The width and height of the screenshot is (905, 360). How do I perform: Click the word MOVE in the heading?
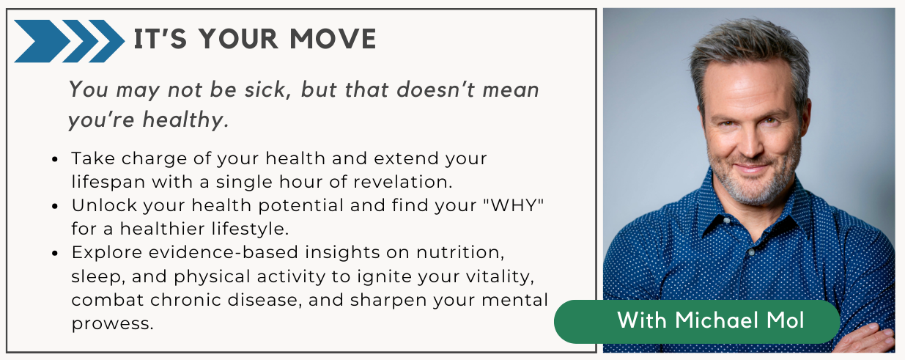click(333, 39)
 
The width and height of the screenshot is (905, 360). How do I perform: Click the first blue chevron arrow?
click(43, 41)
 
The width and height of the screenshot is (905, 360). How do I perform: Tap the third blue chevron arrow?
click(107, 41)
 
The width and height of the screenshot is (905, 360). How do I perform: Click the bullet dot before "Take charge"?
click(56, 159)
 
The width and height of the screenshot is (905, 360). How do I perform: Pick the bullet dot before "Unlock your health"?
click(56, 206)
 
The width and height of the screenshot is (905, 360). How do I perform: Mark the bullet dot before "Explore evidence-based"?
click(56, 254)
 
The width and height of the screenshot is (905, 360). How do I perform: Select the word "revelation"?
click(402, 182)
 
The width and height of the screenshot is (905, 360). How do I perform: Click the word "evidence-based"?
click(224, 252)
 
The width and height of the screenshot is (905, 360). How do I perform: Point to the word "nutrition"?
click(460, 253)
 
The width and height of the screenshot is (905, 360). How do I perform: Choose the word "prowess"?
click(112, 324)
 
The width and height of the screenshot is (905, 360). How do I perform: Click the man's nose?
click(750, 144)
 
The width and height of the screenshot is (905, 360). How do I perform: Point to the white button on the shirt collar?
click(727, 221)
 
